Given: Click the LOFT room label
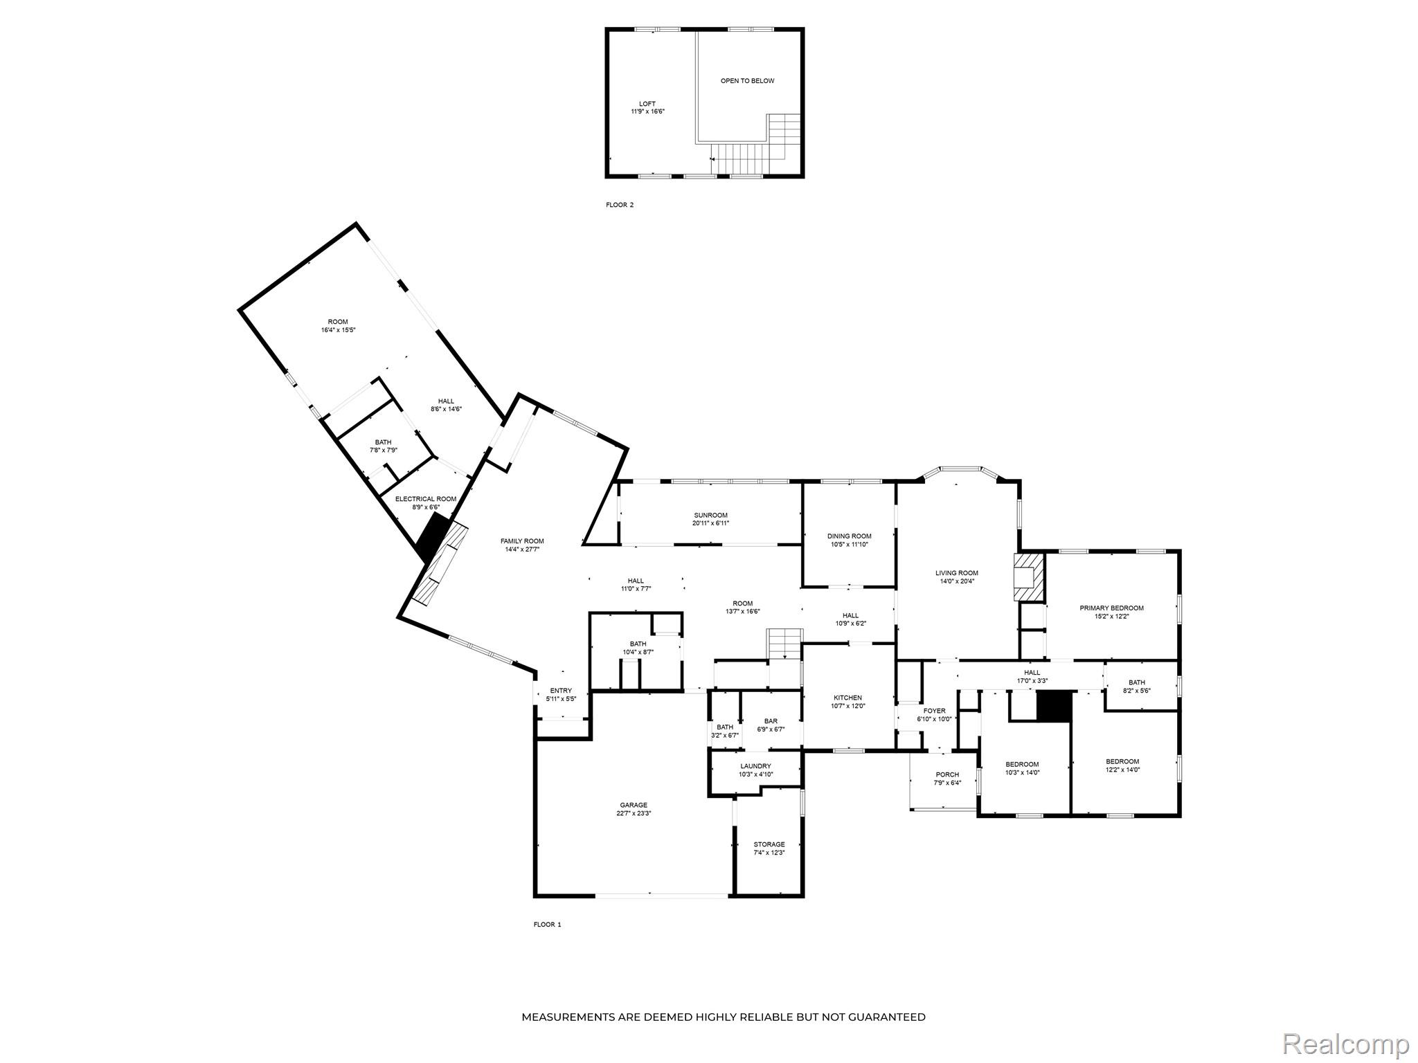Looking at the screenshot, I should click(x=647, y=104).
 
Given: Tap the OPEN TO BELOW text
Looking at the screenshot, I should click(x=747, y=81).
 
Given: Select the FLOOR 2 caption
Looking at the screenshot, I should click(x=619, y=205).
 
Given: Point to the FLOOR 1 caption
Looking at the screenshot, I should click(x=547, y=924).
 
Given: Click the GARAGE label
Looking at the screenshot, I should click(x=633, y=805).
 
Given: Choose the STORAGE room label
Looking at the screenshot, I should click(x=769, y=844).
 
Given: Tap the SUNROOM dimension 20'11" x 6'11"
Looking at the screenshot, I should click(x=710, y=523).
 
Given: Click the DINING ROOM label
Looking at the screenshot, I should click(x=849, y=536).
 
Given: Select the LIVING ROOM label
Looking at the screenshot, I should click(x=956, y=573).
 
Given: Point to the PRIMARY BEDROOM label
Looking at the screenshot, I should click(x=1111, y=608).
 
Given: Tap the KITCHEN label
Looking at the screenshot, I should click(x=847, y=698).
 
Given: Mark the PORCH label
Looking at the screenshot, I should click(x=946, y=774).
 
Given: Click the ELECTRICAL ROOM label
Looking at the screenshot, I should click(x=425, y=499).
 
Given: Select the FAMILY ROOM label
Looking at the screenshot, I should click(x=522, y=541).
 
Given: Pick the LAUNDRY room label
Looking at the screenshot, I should click(x=755, y=766).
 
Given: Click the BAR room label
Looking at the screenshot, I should click(x=771, y=721).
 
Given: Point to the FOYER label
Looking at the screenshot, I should click(x=934, y=711).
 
